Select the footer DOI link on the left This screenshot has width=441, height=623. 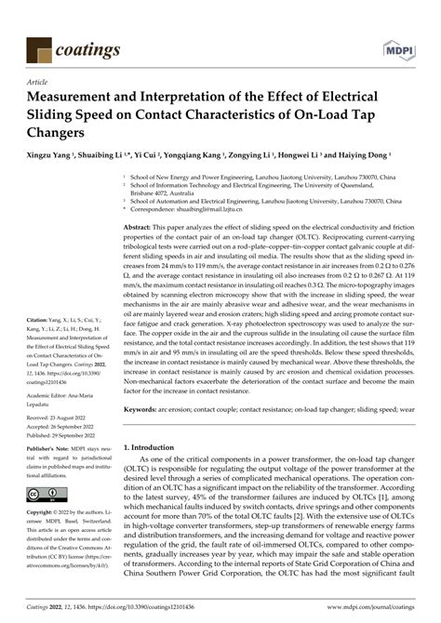(x=121, y=609)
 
